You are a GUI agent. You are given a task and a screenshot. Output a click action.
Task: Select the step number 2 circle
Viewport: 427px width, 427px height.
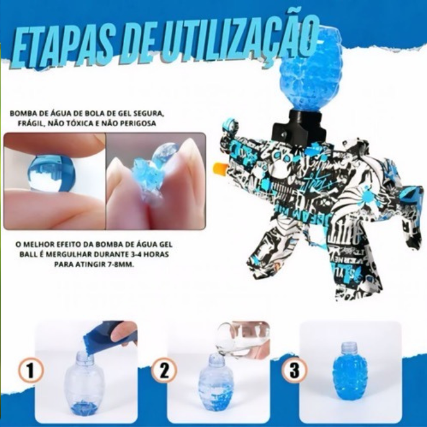click(164, 371)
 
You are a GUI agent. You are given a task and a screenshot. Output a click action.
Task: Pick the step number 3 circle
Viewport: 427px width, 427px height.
click(295, 371)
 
